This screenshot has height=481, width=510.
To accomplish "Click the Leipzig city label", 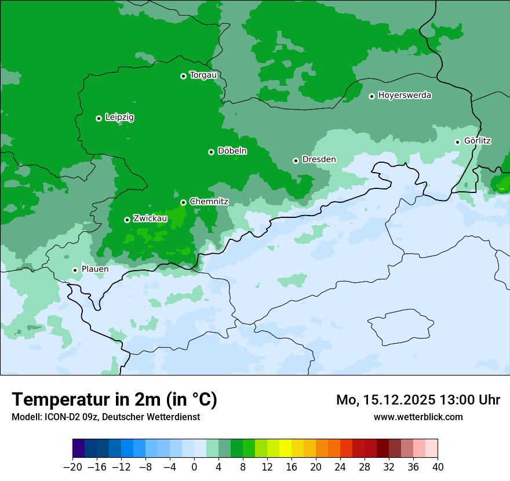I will tap(119, 118).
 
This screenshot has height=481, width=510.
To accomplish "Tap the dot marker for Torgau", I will tap(183, 76).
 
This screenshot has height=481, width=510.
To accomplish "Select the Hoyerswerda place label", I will tap(405, 96).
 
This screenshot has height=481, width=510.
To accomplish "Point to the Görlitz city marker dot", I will tap(457, 142).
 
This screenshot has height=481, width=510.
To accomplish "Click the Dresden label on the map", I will tap(319, 159).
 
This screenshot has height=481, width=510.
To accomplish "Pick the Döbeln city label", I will tap(232, 151).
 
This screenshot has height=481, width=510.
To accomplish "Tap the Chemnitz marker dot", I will tap(183, 202).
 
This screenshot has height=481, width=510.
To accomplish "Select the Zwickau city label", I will tap(150, 218).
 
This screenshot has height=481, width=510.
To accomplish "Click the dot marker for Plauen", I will tap(75, 270).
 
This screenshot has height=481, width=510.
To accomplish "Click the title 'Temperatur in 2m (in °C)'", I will tap(114, 400).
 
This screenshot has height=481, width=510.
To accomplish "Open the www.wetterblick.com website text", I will tap(418, 417).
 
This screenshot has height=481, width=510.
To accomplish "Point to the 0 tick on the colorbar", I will tap(194, 467).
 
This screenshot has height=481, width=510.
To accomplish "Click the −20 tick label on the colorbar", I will tap(72, 467).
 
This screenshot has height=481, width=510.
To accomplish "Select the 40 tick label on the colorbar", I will tap(438, 467).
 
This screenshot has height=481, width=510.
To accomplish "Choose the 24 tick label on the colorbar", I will tap(340, 467).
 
